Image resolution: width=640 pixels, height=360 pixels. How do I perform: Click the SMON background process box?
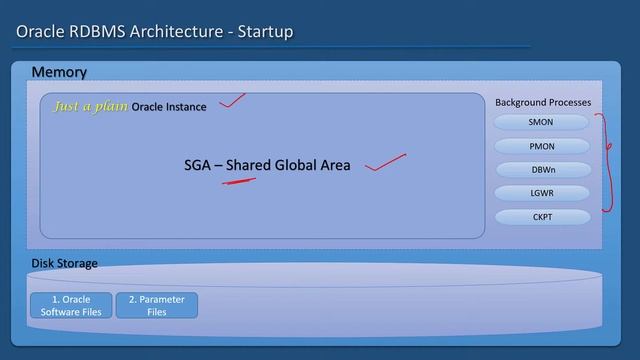pyautogui.click(x=540, y=122)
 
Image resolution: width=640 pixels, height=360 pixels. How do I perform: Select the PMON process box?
pyautogui.click(x=540, y=146)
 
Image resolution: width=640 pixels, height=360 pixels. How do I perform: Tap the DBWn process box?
pyautogui.click(x=540, y=169)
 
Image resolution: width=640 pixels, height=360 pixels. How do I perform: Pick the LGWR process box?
pyautogui.click(x=540, y=192)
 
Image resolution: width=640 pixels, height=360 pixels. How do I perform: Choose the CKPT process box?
pyautogui.click(x=540, y=216)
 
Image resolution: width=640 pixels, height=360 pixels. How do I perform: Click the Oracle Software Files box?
pyautogui.click(x=70, y=305)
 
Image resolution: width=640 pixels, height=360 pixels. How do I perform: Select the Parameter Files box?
pyautogui.click(x=157, y=305)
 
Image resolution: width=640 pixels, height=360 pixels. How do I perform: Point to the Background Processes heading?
pyautogui.click(x=543, y=102)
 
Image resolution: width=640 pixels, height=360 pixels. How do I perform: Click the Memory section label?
pyautogui.click(x=59, y=72)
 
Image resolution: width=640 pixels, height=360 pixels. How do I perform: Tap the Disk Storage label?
pyautogui.click(x=64, y=264)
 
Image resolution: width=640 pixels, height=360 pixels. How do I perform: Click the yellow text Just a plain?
pyautogui.click(x=90, y=106)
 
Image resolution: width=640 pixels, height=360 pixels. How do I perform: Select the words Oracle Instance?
pyautogui.click(x=169, y=107)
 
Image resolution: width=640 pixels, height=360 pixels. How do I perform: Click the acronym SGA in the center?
pyautogui.click(x=197, y=165)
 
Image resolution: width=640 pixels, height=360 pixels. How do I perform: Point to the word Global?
pyautogui.click(x=295, y=165)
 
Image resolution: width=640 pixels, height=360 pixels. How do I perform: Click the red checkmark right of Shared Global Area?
pyautogui.click(x=385, y=163)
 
